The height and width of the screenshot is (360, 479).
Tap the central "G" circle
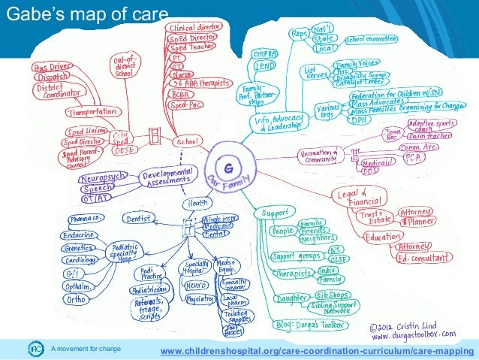pos(226,161)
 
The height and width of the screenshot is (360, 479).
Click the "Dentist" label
pos(140,219)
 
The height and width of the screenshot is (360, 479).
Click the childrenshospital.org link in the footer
pos(313,350)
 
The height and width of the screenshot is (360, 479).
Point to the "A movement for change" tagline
pos(86,350)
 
